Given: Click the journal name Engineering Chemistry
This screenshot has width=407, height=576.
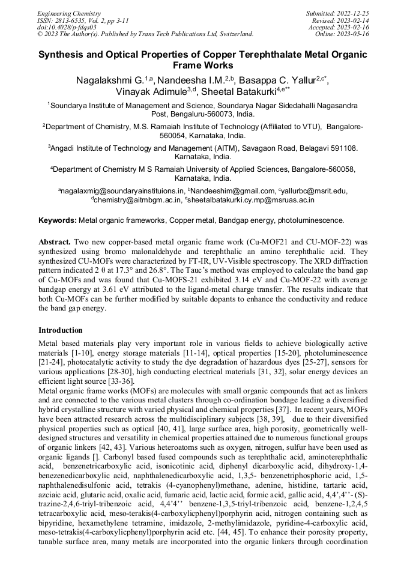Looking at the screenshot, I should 69,13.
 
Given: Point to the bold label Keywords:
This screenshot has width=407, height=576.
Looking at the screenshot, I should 58,220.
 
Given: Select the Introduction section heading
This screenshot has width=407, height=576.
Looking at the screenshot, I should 61,330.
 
